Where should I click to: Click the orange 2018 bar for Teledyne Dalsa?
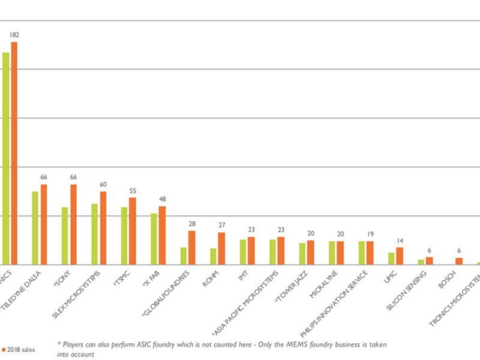pos(43,224)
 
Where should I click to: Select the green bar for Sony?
pos(65,236)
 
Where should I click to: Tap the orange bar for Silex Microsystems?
pos(103,228)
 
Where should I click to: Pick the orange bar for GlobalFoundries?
pos(191,247)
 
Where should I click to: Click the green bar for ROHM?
pos(214,256)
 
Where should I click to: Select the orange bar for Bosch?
pos(459,261)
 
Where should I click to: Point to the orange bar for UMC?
pos(400,256)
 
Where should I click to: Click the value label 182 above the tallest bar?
pos(14,35)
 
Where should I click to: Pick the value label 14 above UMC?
pos(400,241)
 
